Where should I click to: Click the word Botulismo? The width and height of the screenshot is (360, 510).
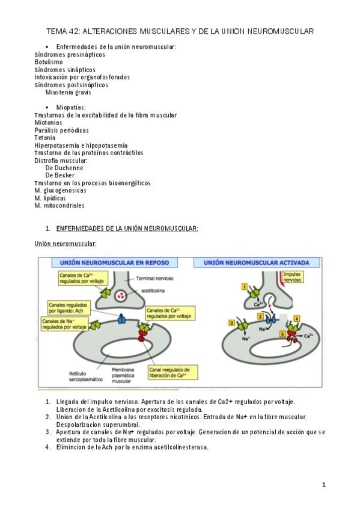tap(49, 62)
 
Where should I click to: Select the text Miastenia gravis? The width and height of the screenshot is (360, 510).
tap(69, 93)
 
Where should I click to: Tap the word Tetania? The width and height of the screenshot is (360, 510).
tap(45, 138)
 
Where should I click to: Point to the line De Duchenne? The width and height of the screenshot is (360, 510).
tap(64, 168)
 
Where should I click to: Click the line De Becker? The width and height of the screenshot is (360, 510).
tap(59, 176)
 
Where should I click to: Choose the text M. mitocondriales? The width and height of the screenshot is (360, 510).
tap(59, 206)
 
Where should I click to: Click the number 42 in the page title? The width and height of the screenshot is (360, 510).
tap(73, 31)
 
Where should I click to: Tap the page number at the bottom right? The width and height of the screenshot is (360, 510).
tap(323, 485)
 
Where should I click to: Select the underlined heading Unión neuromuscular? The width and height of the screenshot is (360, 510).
tap(66, 244)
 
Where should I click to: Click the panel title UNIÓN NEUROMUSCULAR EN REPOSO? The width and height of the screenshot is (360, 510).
tap(114, 263)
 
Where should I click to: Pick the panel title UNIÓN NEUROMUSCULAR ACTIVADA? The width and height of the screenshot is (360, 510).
tap(257, 263)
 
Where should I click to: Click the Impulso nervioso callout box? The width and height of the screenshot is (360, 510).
tap(292, 277)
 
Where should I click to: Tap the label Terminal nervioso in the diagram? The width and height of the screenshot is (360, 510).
tap(154, 278)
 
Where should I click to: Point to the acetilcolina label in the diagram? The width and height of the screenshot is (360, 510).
tap(153, 290)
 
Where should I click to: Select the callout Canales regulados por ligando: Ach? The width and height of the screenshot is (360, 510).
tap(69, 308)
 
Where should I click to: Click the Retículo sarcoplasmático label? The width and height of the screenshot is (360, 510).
tap(86, 376)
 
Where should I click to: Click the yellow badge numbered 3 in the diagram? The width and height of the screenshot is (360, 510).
tap(231, 323)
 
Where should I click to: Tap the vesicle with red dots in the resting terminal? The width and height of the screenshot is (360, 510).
tap(121, 296)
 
